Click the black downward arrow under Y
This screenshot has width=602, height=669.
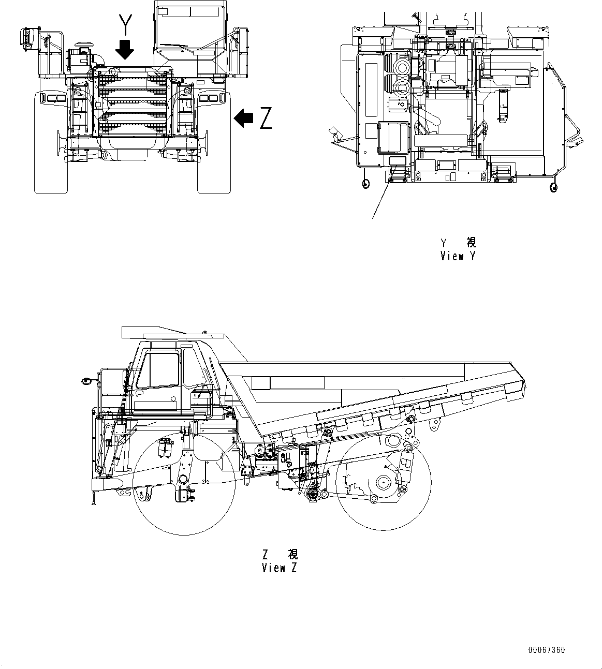coord(125,50)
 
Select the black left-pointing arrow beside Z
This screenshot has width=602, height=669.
coord(243,118)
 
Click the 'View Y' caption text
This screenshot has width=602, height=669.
coord(458,256)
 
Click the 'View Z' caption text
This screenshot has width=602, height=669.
coord(280,568)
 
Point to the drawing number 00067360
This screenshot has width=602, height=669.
coord(547,650)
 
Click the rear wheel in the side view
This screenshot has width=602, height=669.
coord(383,482)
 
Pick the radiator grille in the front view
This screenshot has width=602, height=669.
coord(134,103)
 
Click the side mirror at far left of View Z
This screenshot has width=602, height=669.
coord(86,382)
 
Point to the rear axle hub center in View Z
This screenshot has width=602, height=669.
coord(383,482)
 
